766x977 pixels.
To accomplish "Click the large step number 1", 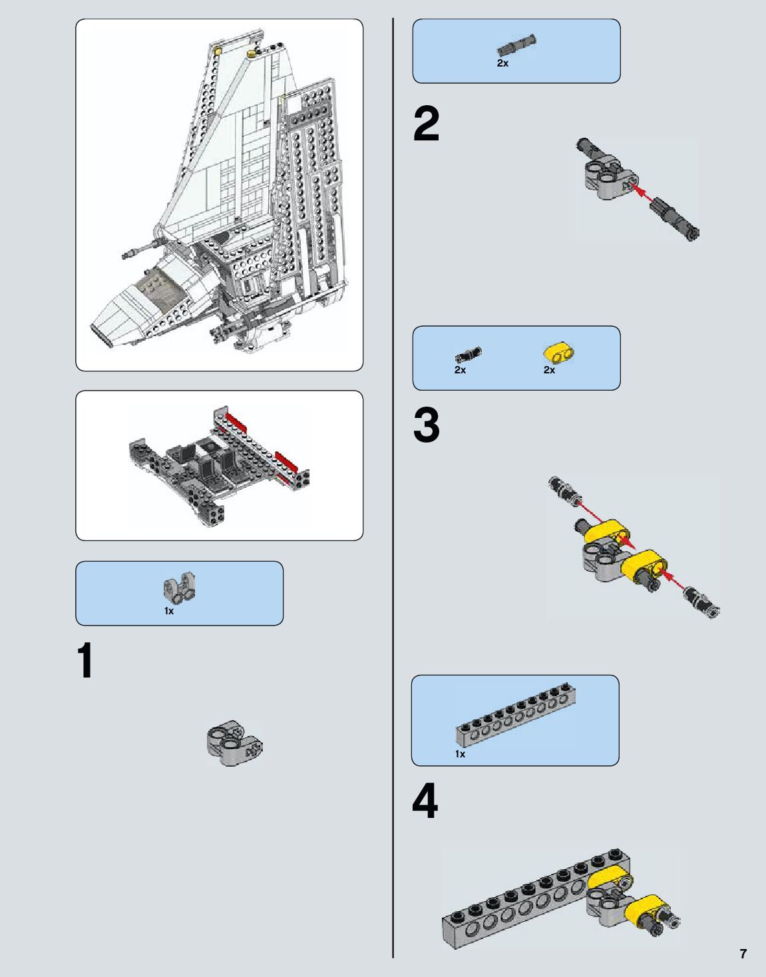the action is (85, 660).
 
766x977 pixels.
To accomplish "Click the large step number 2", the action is (426, 124).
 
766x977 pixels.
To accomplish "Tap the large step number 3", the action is (426, 425).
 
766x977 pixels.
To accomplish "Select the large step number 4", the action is (425, 801).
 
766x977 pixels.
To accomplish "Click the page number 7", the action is (743, 953).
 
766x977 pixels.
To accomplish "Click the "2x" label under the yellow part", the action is (549, 370).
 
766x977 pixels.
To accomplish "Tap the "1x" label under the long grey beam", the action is (461, 754).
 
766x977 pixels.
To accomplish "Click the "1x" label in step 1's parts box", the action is (169, 611).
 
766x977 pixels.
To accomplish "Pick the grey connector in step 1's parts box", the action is (179, 587).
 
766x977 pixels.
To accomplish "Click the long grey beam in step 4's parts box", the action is (516, 713).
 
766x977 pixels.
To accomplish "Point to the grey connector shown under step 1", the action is (235, 743).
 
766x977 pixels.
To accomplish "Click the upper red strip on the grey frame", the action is (238, 421).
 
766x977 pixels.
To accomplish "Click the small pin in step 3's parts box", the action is (468, 355).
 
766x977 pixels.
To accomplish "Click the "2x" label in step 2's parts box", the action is (502, 63).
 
